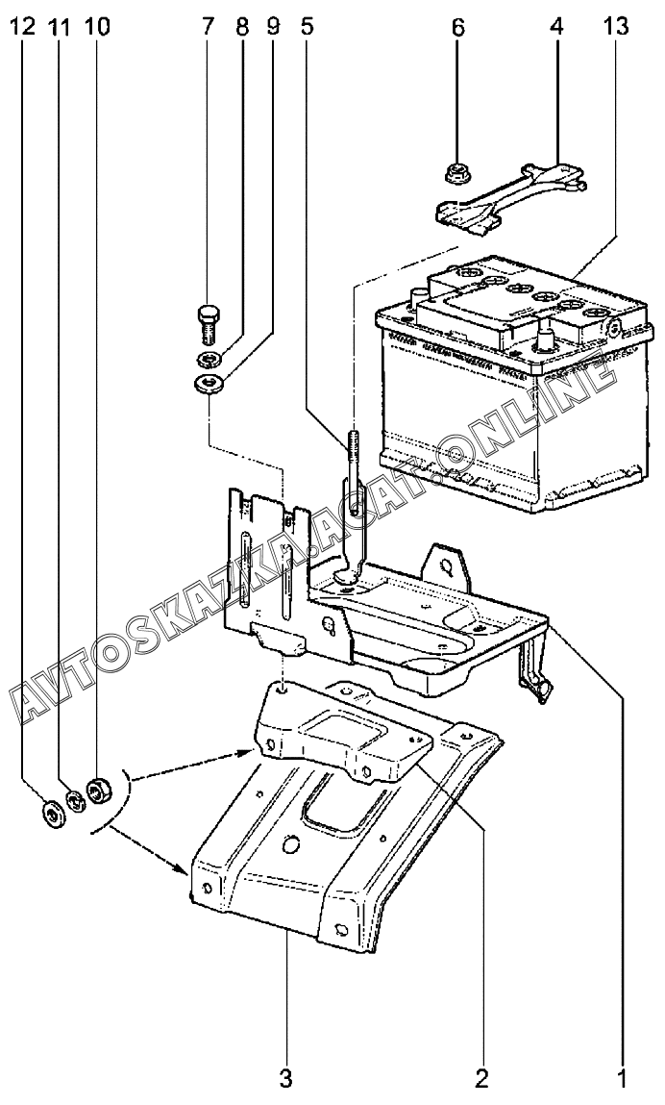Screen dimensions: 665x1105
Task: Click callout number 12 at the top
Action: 22,27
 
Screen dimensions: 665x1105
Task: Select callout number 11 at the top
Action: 60,27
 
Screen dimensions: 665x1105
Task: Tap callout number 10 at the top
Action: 97,27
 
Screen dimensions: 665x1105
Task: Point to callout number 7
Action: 207,27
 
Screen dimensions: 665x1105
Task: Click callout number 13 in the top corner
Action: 615,27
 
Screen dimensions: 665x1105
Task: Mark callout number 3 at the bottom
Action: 285,1077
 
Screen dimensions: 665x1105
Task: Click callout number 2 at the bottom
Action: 481,1077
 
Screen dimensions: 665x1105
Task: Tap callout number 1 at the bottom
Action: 622,1077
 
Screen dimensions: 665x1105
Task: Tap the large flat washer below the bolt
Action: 209,385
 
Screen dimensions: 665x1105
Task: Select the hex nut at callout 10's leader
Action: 96,789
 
